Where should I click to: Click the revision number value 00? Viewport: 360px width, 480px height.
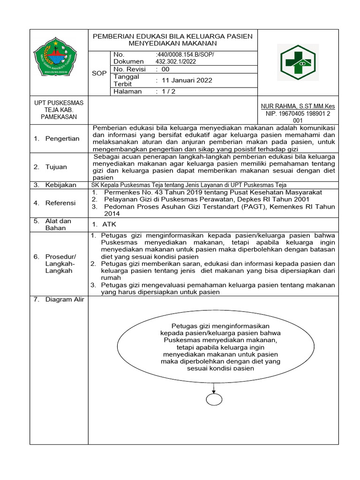pyautogui.click(x=165, y=69)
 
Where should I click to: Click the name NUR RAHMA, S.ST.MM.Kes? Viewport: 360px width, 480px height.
pyautogui.click(x=298, y=106)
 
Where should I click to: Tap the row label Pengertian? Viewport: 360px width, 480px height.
pyautogui.click(x=62, y=138)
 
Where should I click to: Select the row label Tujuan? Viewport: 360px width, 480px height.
pyautogui.click(x=56, y=167)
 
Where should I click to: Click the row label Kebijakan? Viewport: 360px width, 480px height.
pyautogui.click(x=60, y=185)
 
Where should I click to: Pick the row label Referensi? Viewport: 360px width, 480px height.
pyautogui.click(x=60, y=203)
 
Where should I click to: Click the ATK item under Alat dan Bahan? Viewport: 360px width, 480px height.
pyautogui.click(x=109, y=224)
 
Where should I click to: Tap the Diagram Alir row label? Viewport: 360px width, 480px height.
pyautogui.click(x=64, y=300)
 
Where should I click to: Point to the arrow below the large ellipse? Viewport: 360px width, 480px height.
pyautogui.click(x=214, y=387)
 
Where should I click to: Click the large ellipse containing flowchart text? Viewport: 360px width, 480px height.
pyautogui.click(x=213, y=347)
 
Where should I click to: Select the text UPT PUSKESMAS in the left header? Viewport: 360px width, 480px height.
pyautogui.click(x=59, y=103)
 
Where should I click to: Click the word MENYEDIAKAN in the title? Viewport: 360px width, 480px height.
pyautogui.click(x=150, y=43)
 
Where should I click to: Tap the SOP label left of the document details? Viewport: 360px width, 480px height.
pyautogui.click(x=99, y=74)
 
